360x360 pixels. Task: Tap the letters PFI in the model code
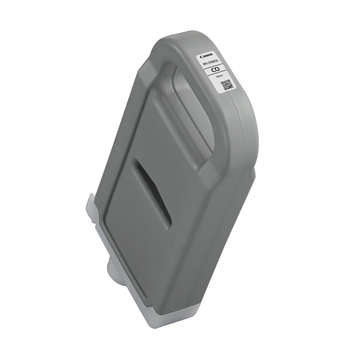tap(206, 64)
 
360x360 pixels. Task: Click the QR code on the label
tap(227, 85)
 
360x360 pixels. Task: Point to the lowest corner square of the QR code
tap(226, 89)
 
